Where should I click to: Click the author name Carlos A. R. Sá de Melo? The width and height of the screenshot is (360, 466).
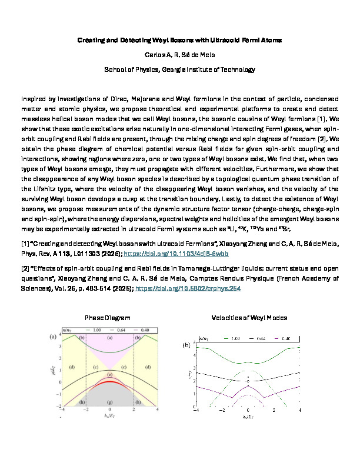[x=180, y=54]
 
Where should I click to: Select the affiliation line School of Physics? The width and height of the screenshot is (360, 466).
[x=180, y=69]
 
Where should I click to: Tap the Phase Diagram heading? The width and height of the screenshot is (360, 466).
[x=108, y=318]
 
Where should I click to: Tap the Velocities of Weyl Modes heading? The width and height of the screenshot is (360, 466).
[x=249, y=318]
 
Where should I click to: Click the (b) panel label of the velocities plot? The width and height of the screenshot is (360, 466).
[x=186, y=345]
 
